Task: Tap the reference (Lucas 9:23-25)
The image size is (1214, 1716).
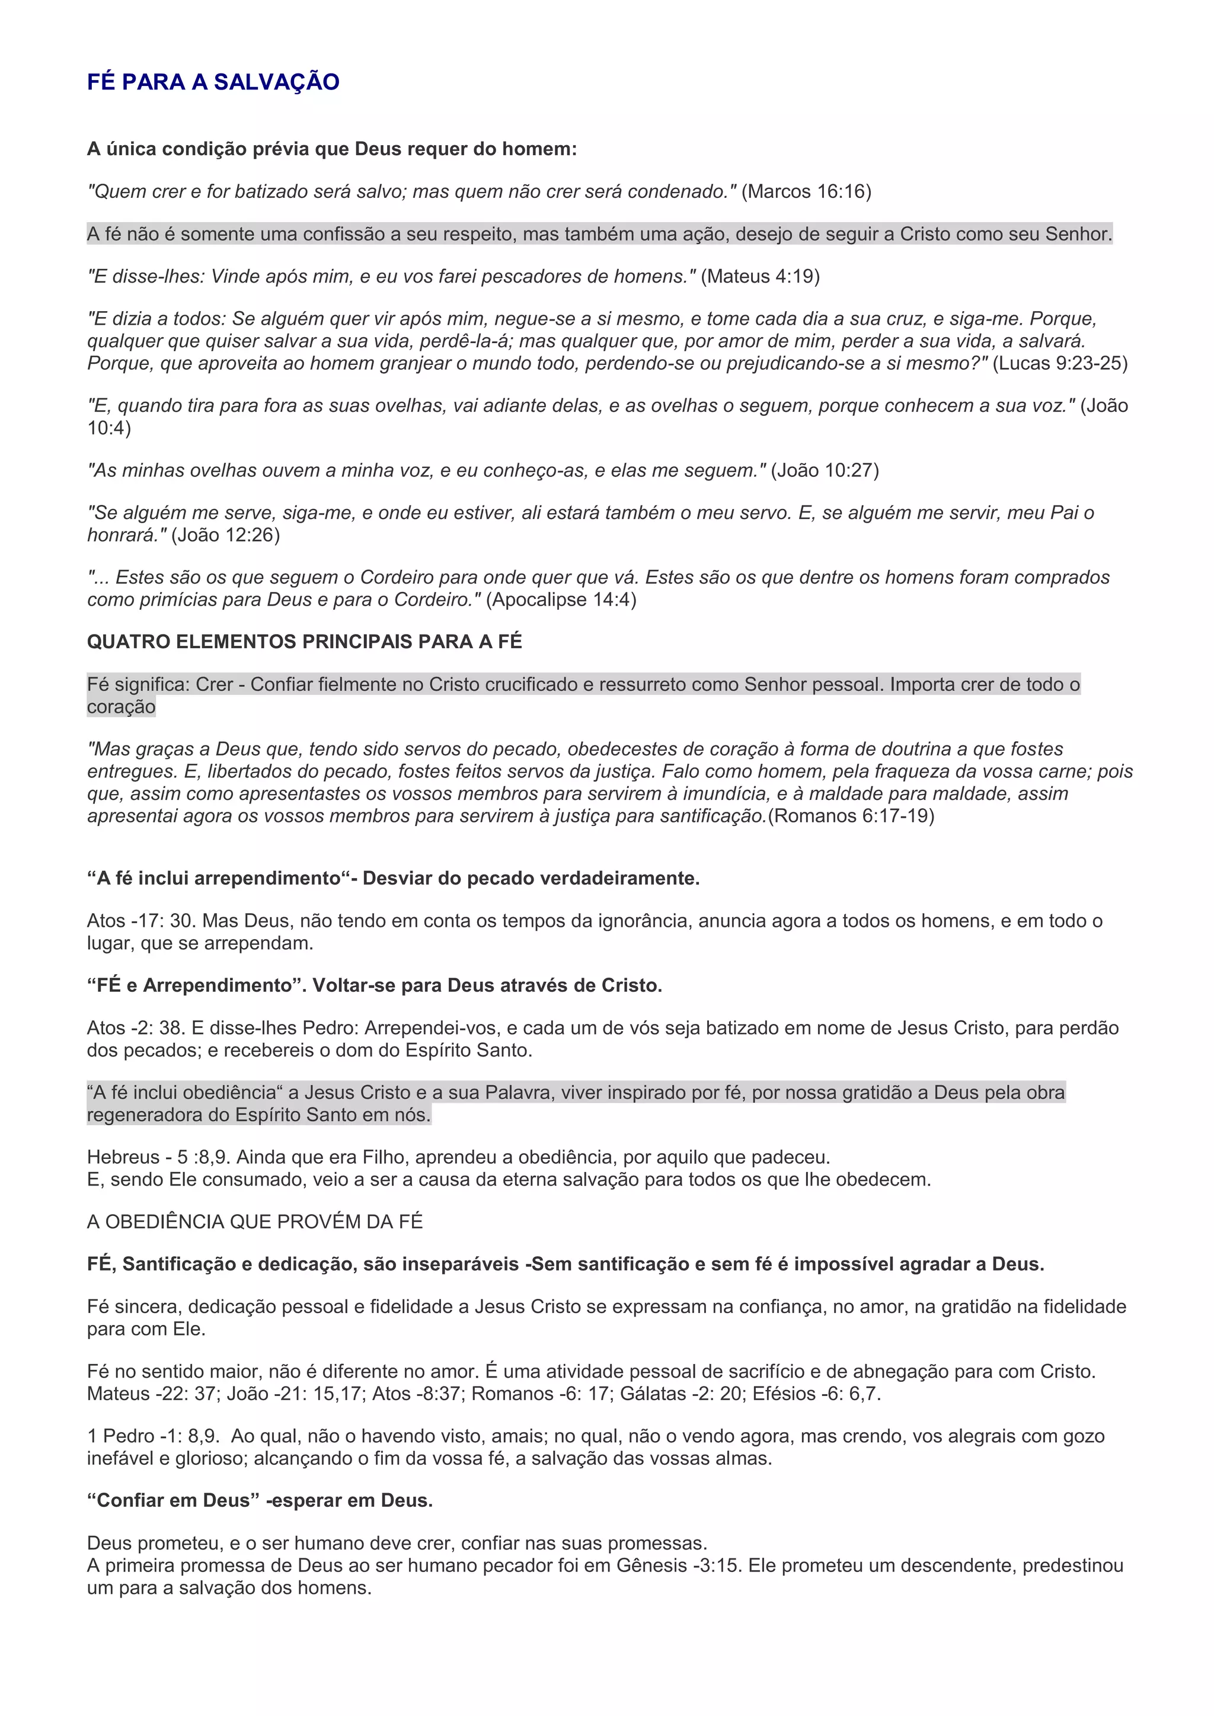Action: (x=1059, y=363)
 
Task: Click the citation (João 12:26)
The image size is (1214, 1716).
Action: (x=225, y=535)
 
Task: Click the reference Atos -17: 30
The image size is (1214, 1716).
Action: (x=140, y=921)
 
